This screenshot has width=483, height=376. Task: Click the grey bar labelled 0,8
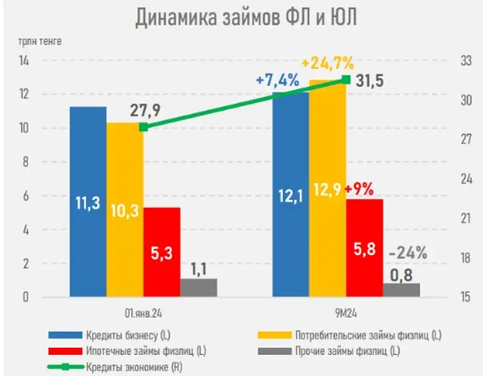[x=401, y=290]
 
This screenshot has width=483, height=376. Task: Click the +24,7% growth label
[x=327, y=62]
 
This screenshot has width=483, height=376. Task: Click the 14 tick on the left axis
[x=24, y=61]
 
